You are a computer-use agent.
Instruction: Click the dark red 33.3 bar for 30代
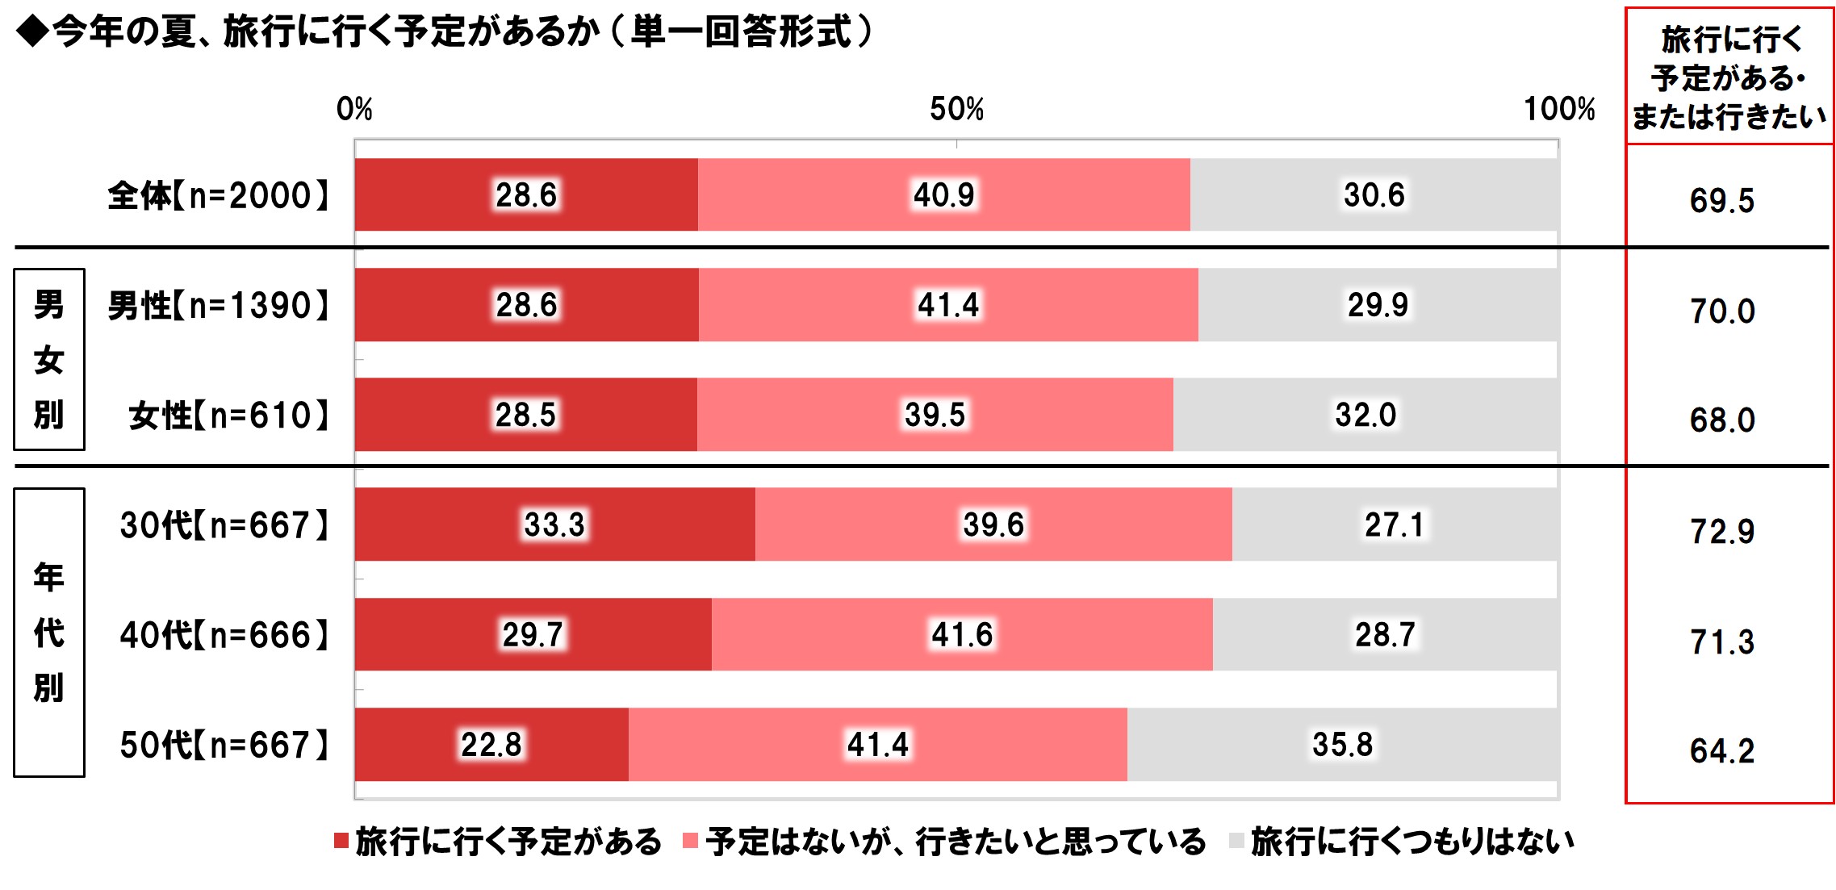tap(554, 524)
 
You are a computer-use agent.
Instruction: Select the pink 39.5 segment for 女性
tap(935, 415)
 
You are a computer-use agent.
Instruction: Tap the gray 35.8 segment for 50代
tap(1342, 744)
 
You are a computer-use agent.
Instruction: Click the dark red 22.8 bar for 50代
tap(491, 744)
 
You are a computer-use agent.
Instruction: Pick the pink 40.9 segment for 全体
tap(943, 194)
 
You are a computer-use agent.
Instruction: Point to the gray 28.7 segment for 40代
tap(1385, 634)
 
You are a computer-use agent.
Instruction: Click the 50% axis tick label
tap(956, 109)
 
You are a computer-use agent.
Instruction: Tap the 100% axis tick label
tap(1558, 109)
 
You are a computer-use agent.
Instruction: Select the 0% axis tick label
tap(354, 109)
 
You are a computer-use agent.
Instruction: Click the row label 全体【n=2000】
tap(218, 195)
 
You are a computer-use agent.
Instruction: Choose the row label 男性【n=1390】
tap(218, 306)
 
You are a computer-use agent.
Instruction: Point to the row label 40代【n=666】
tap(224, 635)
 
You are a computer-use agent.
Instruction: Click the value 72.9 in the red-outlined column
tap(1721, 531)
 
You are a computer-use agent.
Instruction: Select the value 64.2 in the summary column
tap(1721, 751)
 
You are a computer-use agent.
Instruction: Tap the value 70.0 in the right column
tap(1721, 311)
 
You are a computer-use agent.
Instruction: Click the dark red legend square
tap(341, 841)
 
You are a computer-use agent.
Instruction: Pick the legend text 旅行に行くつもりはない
tap(1412, 842)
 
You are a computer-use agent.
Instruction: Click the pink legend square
tap(690, 841)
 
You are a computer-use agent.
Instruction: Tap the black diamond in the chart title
tap(32, 32)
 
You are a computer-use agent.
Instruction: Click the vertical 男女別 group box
tap(49, 359)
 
